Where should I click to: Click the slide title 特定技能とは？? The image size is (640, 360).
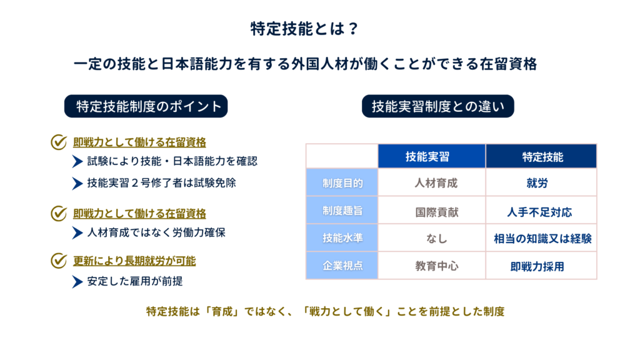[304, 29]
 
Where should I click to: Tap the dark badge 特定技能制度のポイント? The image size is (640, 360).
[146, 106]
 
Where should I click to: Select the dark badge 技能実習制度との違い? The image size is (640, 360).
[438, 106]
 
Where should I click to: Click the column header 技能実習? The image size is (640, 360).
[432, 156]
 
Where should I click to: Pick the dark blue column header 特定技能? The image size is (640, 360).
[541, 156]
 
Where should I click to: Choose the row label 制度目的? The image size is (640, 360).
[342, 182]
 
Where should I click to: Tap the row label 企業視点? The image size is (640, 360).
[342, 266]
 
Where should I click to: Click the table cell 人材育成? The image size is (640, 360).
[436, 183]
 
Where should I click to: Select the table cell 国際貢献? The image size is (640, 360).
[437, 212]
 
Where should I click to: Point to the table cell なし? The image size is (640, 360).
[436, 238]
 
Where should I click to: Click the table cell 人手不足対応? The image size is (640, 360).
[539, 212]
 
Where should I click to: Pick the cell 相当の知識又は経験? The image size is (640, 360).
[542, 238]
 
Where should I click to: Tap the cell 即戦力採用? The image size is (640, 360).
[537, 266]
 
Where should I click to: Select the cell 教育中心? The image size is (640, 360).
[437, 266]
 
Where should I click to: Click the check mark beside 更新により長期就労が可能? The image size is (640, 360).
[59, 260]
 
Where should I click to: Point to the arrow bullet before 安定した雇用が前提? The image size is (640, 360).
[77, 282]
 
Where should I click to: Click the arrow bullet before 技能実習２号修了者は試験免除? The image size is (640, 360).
[77, 183]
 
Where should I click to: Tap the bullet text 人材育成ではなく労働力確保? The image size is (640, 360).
[156, 232]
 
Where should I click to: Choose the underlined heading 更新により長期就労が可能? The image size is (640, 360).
[134, 261]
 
